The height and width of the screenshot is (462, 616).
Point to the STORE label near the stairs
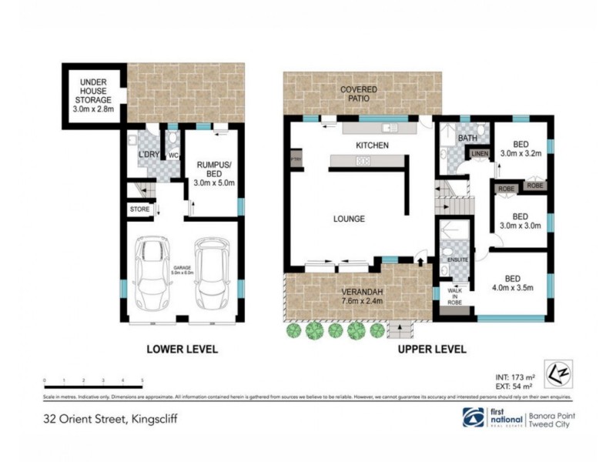pyautogui.click(x=139, y=208)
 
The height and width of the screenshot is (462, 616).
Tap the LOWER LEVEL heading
pyautogui.click(x=182, y=349)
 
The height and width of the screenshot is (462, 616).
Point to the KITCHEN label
pyautogui.click(x=371, y=145)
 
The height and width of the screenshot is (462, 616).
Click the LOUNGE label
pyautogui.click(x=350, y=219)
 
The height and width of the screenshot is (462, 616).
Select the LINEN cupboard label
pyautogui.click(x=480, y=154)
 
